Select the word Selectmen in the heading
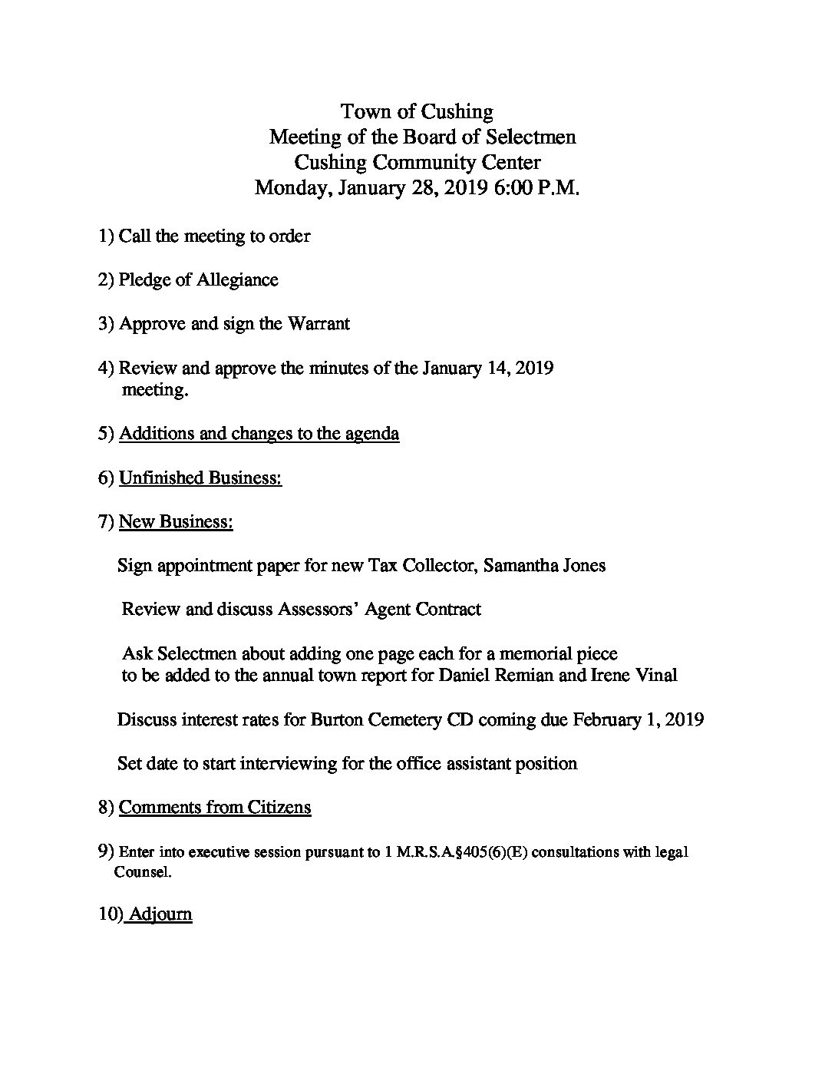(530, 137)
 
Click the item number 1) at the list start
(106, 236)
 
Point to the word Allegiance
(237, 279)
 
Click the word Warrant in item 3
(318, 323)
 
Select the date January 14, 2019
(488, 368)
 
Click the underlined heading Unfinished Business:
(200, 478)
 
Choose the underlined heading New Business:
(176, 522)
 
